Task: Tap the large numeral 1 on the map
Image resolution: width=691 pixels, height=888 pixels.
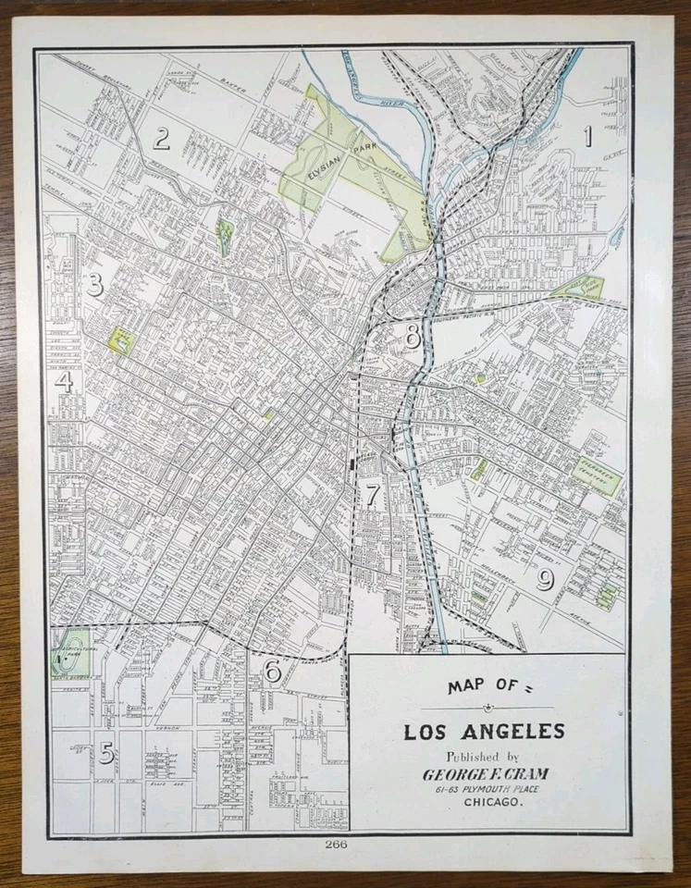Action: click(586, 137)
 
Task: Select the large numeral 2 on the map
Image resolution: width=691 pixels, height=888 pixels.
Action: click(161, 139)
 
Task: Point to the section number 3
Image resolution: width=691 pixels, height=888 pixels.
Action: click(94, 285)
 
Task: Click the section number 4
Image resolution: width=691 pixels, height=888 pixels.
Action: click(64, 381)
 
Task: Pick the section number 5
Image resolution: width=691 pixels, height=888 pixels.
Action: click(107, 753)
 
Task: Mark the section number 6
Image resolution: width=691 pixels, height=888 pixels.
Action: click(272, 671)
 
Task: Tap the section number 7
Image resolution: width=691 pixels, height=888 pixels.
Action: click(371, 495)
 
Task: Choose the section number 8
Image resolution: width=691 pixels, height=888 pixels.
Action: click(413, 337)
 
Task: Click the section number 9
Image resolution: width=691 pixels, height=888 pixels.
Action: click(545, 579)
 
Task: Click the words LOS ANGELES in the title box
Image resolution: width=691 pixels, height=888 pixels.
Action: click(484, 732)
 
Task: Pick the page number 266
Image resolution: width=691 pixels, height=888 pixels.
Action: click(336, 844)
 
